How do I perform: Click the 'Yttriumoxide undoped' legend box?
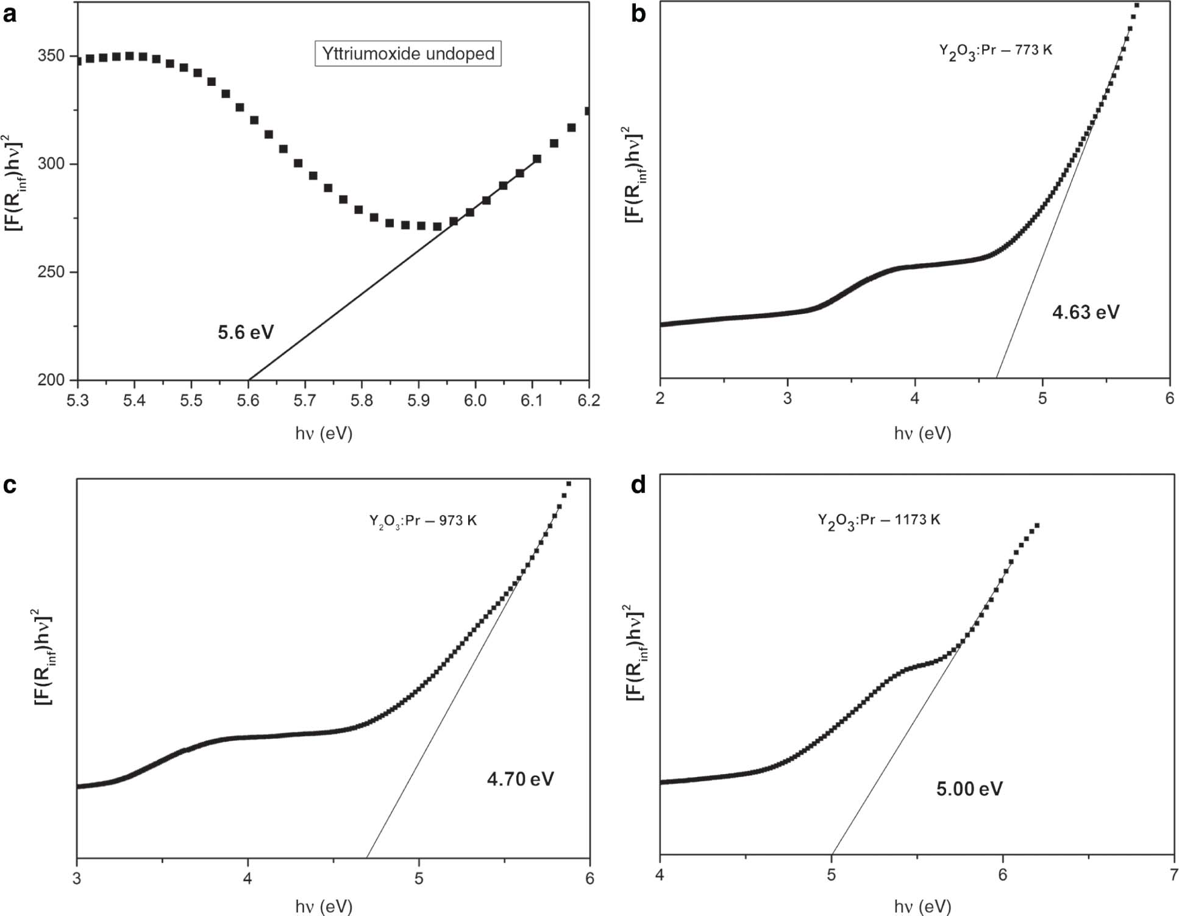click(x=408, y=54)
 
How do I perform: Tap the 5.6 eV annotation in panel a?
click(x=246, y=332)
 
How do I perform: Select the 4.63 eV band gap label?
click(x=1086, y=313)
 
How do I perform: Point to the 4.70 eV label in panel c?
click(x=520, y=779)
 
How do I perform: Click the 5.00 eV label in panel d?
click(x=969, y=789)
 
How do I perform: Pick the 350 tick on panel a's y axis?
click(x=51, y=56)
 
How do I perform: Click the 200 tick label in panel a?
click(x=51, y=380)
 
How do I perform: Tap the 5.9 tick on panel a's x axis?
click(x=418, y=400)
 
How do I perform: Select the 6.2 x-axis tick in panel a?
click(x=588, y=400)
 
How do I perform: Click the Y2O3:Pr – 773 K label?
click(x=995, y=51)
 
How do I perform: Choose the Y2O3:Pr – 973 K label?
click(x=422, y=521)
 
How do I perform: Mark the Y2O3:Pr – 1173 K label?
click(x=878, y=520)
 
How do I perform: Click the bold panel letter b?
click(x=638, y=13)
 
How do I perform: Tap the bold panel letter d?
click(x=638, y=486)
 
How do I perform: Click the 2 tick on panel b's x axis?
click(x=661, y=399)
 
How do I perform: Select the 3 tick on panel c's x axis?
click(x=77, y=878)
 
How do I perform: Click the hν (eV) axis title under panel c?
click(x=324, y=906)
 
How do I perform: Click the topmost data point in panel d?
click(x=1036, y=525)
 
